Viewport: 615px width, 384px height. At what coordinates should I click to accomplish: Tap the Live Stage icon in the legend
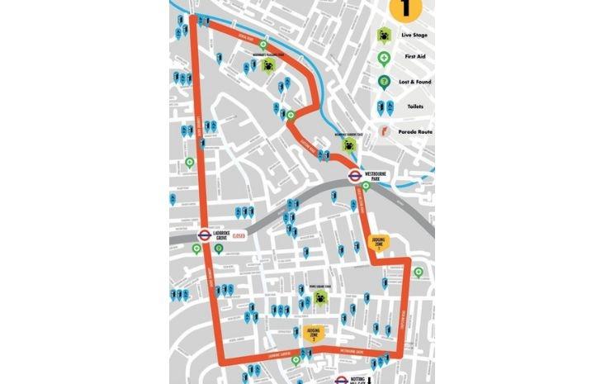pyautogui.click(x=384, y=36)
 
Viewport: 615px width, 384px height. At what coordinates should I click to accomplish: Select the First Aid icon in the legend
pyautogui.click(x=384, y=59)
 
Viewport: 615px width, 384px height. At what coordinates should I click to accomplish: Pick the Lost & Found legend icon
pyautogui.click(x=384, y=82)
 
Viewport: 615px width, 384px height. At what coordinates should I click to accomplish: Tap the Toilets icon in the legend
pyautogui.click(x=384, y=107)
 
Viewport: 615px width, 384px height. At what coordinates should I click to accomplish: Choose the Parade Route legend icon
pyautogui.click(x=384, y=131)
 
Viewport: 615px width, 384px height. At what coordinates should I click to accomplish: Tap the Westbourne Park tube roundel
pyautogui.click(x=354, y=175)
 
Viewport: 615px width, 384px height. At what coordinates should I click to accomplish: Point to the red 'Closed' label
pyautogui.click(x=239, y=235)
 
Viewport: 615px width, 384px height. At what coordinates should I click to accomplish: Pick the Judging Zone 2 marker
pyautogui.click(x=315, y=333)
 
